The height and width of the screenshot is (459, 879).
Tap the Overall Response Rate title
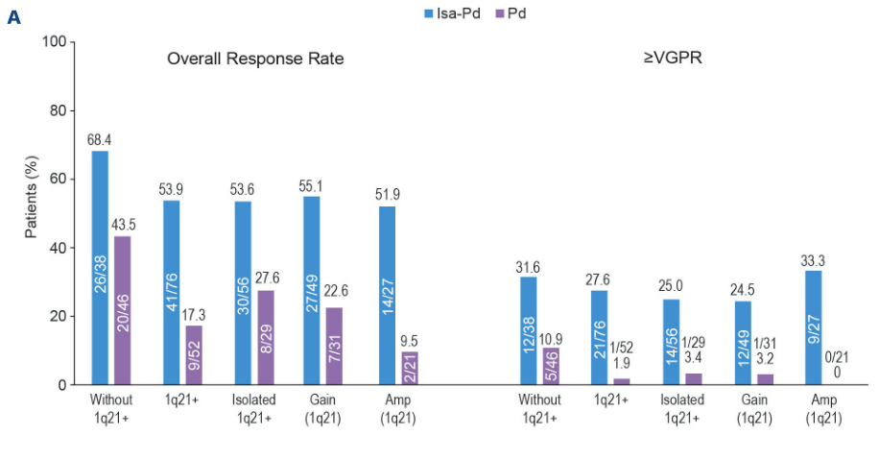(255, 59)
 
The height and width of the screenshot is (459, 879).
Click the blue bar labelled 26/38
(100, 268)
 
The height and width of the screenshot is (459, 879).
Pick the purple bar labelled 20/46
(123, 310)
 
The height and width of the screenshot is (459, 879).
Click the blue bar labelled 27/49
(311, 290)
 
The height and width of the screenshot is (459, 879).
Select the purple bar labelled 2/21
(411, 368)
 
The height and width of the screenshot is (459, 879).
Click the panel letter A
(13, 17)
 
